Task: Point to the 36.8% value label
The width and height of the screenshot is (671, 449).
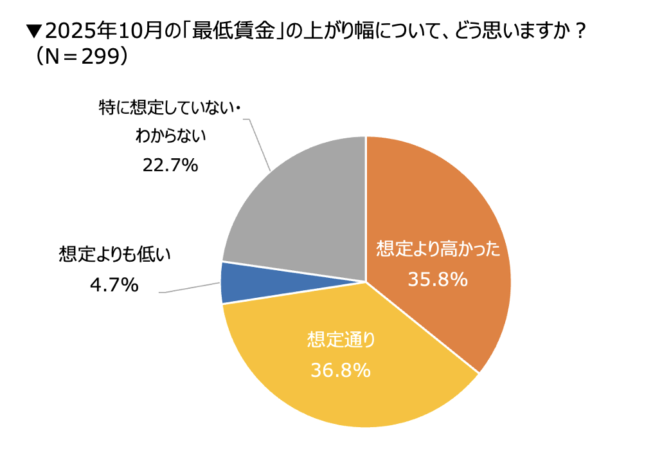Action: [x=341, y=370]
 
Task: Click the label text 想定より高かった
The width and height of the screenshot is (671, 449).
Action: [x=438, y=250]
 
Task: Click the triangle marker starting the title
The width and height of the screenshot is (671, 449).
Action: [x=34, y=31]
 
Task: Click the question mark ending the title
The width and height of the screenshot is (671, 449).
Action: [x=578, y=31]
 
